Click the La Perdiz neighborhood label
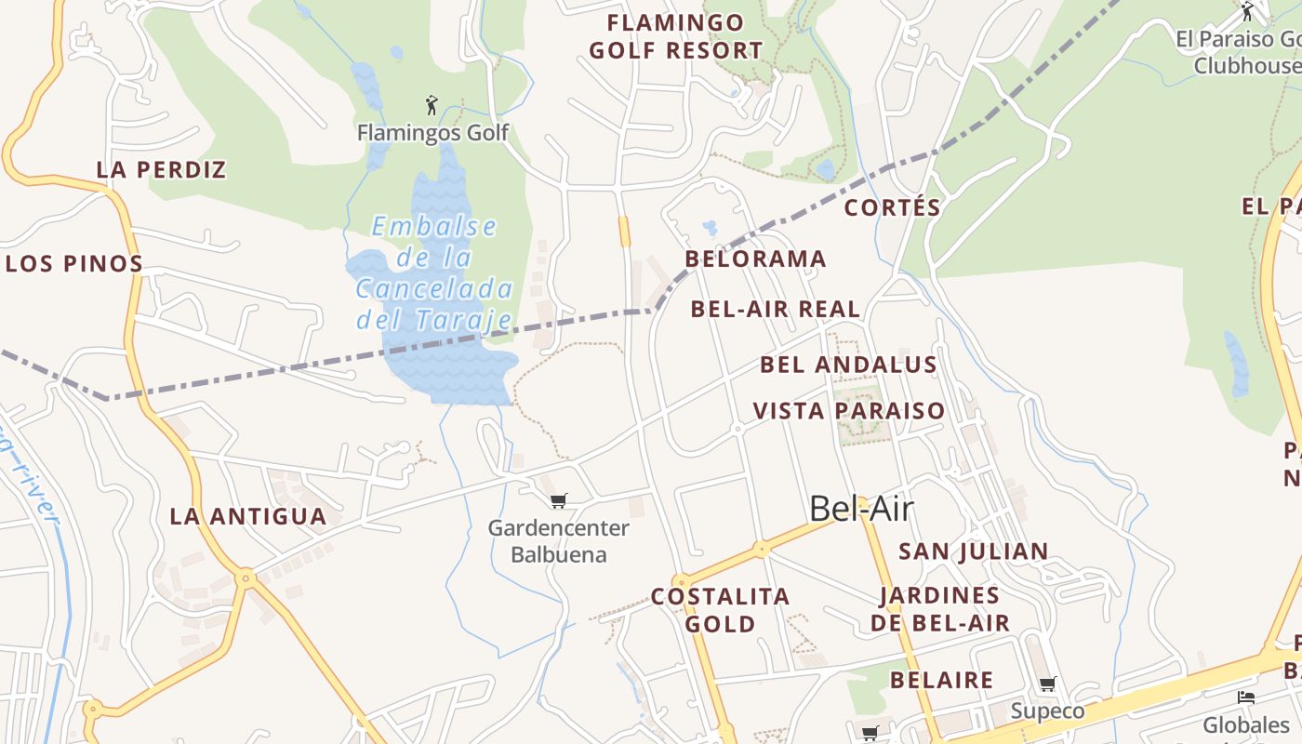coord(162,169)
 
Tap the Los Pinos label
coord(74,263)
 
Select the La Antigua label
coord(248,516)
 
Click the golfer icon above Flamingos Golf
coord(431,104)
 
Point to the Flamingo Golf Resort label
coord(676,36)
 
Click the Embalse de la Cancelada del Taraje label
coord(434,273)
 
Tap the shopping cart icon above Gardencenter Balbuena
coord(558,501)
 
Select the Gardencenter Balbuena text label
coord(559,541)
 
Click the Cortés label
coord(892,207)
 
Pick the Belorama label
coord(755,259)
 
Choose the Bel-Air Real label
coord(776,309)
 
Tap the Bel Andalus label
coord(848,365)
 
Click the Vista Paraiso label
coord(848,410)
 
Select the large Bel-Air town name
coord(861,509)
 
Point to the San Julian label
coord(973,551)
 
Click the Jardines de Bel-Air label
coord(940,609)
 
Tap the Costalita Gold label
coord(720,610)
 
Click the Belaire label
coord(941,680)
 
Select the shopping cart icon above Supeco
coord(1048,684)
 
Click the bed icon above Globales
coord(1246,697)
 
